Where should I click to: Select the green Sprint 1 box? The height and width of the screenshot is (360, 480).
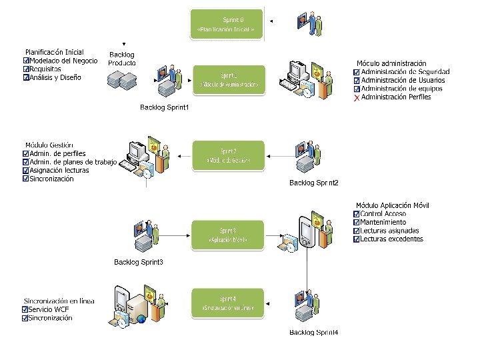[229, 80]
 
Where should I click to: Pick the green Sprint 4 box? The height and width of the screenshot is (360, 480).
[227, 303]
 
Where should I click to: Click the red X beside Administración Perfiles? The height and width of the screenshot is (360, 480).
[357, 97]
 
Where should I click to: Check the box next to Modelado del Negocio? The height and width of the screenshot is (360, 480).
[26, 61]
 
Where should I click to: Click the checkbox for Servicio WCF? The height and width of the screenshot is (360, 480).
[25, 310]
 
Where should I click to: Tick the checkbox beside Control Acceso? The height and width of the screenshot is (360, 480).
[357, 214]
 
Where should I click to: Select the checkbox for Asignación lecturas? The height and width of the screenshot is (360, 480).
[26, 171]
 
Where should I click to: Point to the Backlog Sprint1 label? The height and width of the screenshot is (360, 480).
[165, 107]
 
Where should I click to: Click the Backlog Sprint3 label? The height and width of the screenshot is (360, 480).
[139, 262]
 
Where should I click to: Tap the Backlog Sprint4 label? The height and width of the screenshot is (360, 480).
[314, 332]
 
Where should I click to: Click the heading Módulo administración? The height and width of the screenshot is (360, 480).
[391, 63]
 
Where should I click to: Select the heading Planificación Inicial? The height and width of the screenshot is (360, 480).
[55, 52]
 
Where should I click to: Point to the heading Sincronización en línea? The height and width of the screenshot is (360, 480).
[59, 301]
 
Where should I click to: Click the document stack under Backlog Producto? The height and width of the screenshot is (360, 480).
[121, 79]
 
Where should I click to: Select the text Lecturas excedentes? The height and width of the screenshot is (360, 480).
[391, 239]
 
